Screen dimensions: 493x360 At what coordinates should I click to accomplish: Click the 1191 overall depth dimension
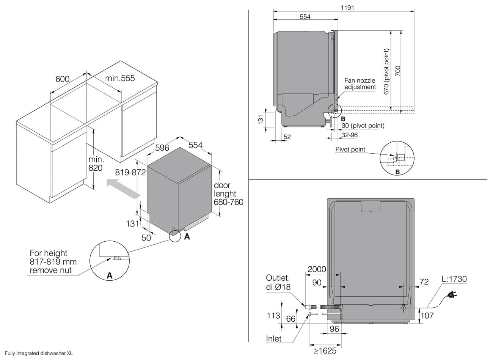[x=347, y=8]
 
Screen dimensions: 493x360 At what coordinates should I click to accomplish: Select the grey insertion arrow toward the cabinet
[x=123, y=189]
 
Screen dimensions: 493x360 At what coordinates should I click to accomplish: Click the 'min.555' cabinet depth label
[x=120, y=78]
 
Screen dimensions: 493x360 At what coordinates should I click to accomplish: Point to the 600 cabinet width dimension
[x=62, y=79]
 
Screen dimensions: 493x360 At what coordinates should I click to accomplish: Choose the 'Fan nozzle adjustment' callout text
[x=360, y=84]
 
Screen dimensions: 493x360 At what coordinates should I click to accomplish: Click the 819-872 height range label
[x=130, y=172]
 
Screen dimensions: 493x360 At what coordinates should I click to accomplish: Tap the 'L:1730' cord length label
[x=454, y=279]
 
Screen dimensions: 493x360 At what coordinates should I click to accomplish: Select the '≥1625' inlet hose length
[x=325, y=351]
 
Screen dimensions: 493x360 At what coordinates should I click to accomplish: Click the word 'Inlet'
[x=273, y=339]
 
